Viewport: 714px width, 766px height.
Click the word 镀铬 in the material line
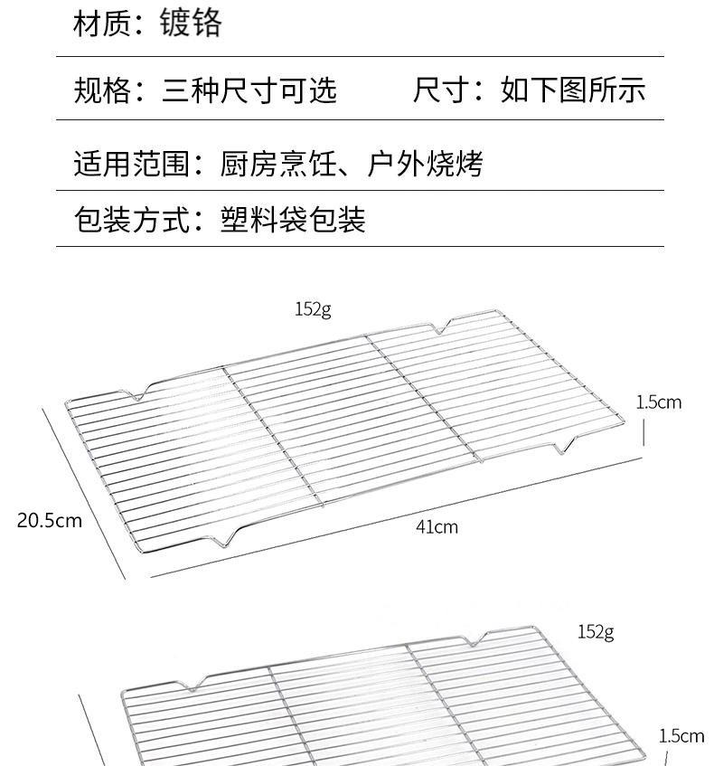coord(191,23)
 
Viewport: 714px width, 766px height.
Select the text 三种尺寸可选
coord(249,90)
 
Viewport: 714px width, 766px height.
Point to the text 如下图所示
coord(573,90)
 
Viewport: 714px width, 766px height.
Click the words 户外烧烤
coord(426,164)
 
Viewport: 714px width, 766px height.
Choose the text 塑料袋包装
coord(293,220)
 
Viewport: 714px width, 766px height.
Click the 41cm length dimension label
coord(437,526)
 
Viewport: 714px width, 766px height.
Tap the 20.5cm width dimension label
coord(50,520)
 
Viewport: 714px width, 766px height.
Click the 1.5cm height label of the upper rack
coord(659,402)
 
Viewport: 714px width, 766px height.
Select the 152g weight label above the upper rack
coord(313,309)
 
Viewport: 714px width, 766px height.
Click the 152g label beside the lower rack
coord(596,631)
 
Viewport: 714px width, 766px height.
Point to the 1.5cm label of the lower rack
coord(681,736)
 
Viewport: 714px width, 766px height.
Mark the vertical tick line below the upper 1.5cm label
coord(644,432)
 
